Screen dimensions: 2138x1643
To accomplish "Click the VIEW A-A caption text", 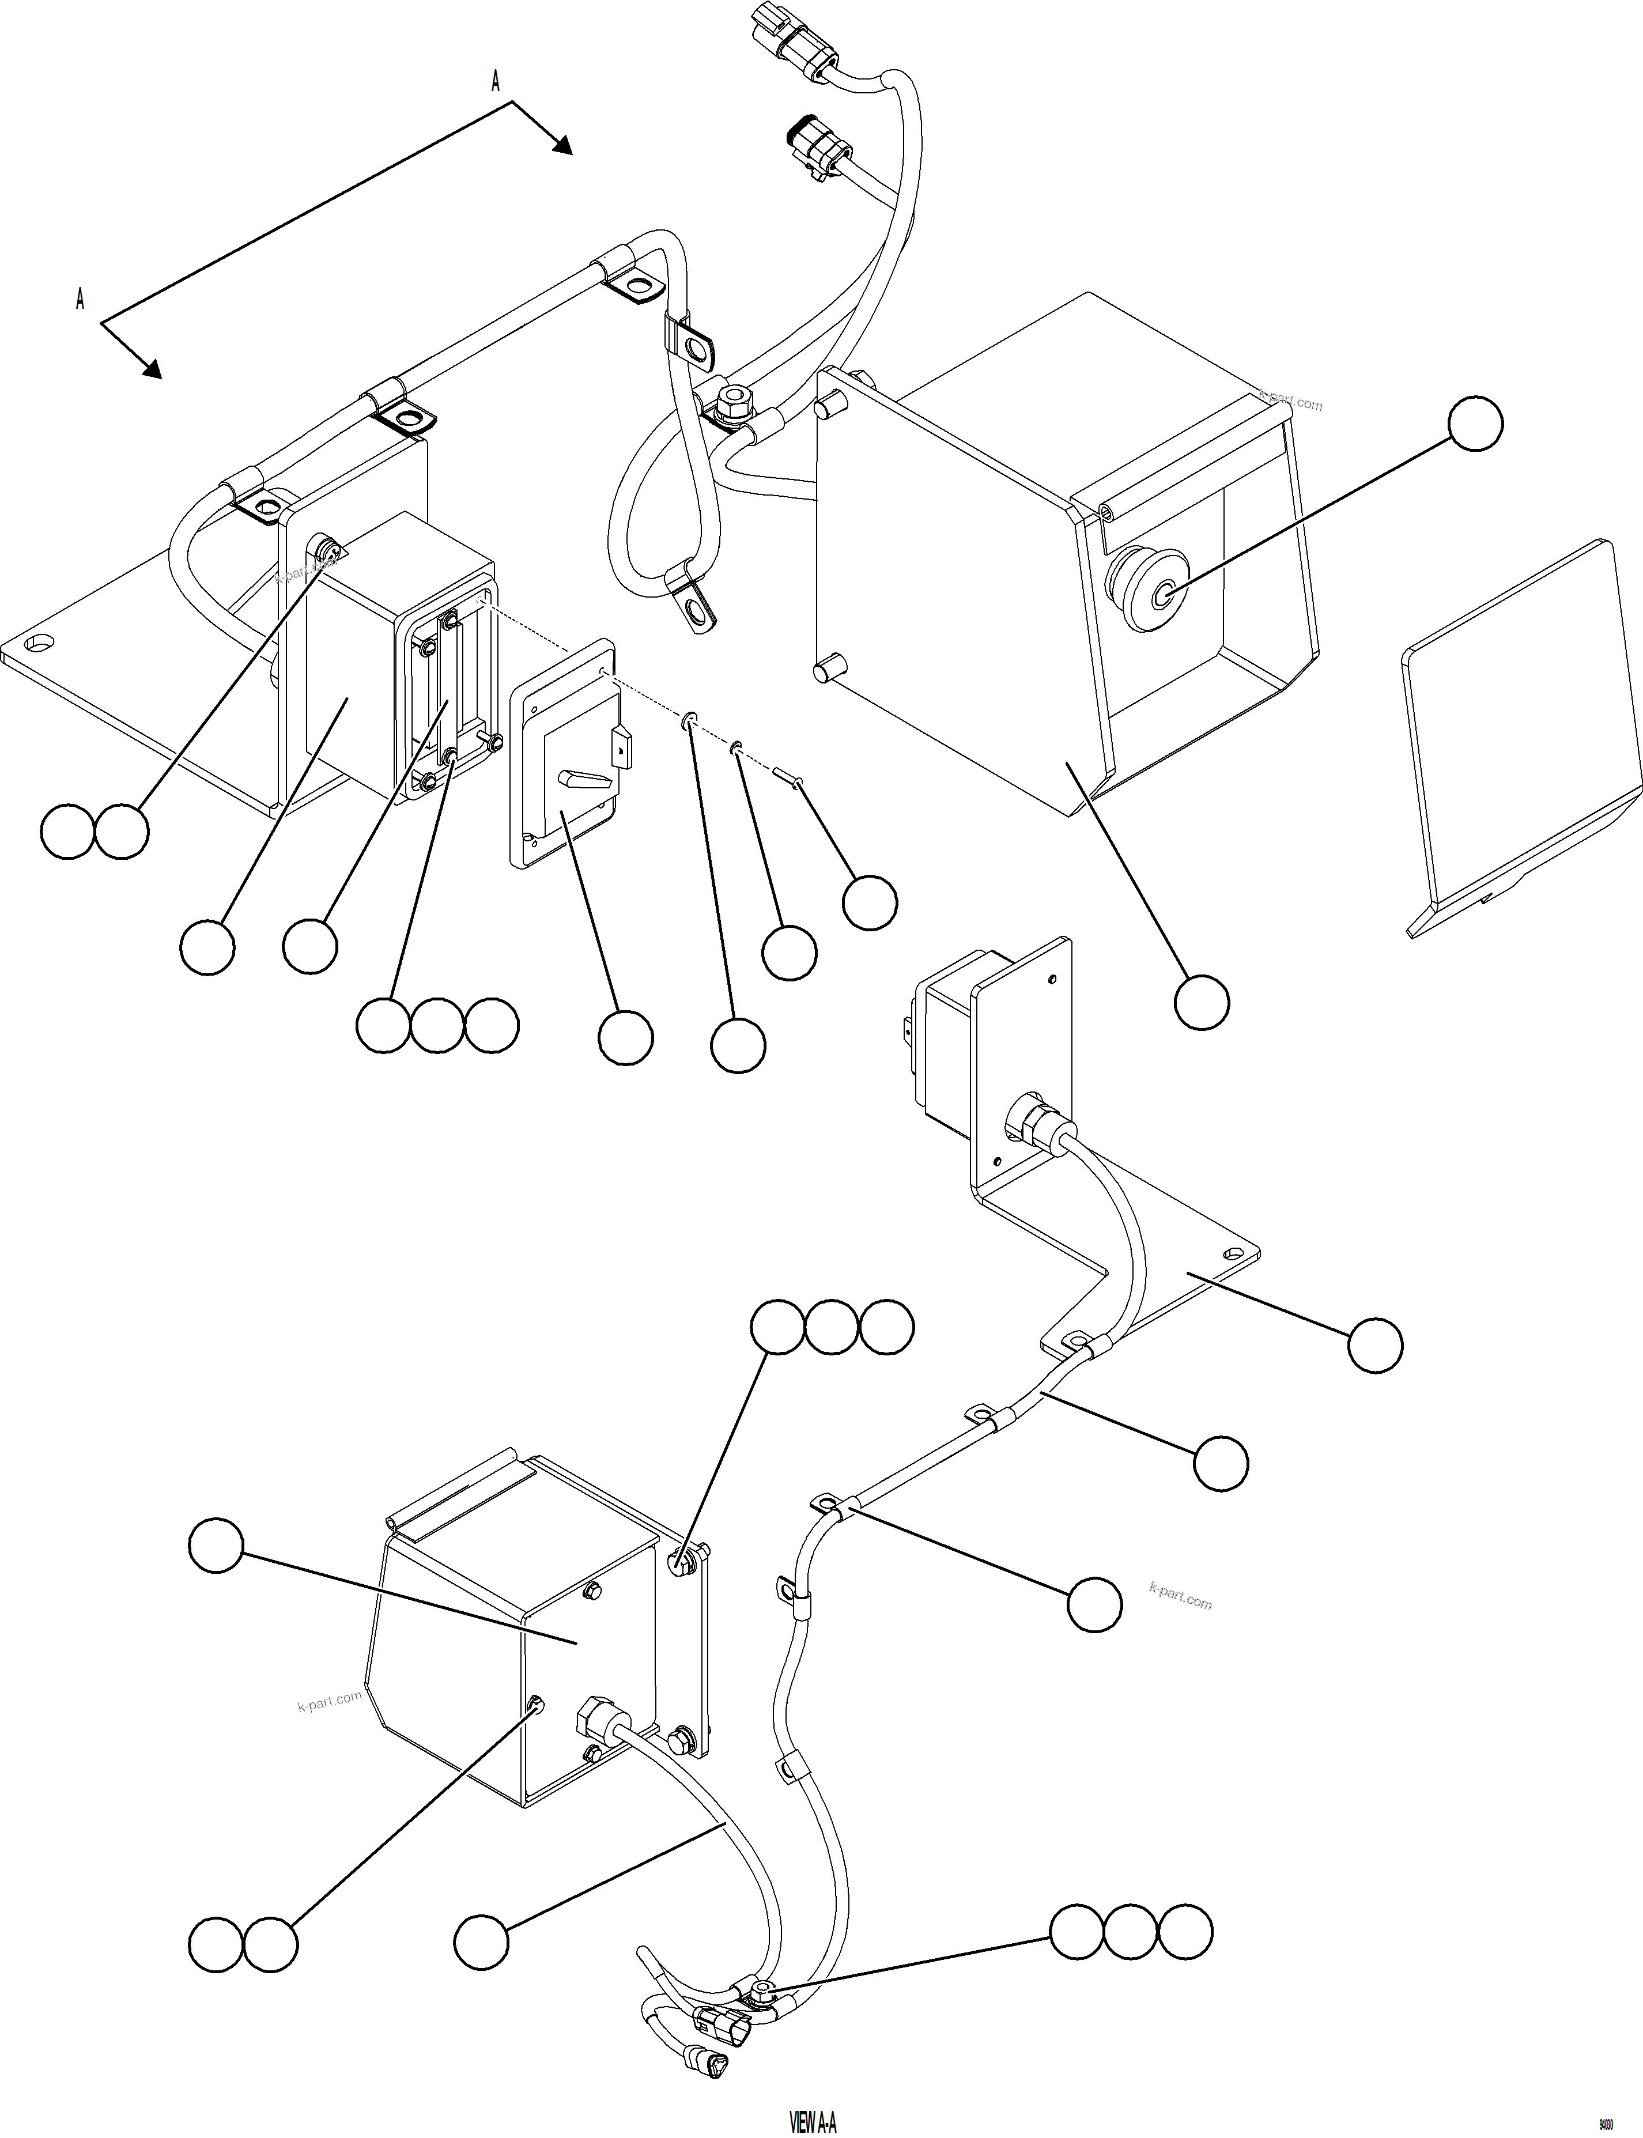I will tap(813, 2116).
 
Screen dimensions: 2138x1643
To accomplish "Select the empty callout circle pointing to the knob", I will tap(1475, 424).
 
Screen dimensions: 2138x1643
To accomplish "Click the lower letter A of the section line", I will tap(80, 299).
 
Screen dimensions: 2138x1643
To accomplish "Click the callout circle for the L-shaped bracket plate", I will tap(1374, 1346).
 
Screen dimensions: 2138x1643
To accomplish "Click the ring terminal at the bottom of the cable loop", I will tap(697, 611).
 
